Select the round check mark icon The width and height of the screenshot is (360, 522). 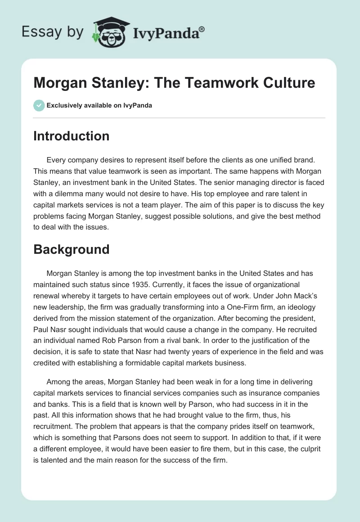click(39, 105)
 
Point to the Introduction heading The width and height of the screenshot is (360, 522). click(72, 136)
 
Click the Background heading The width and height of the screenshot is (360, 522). click(72, 249)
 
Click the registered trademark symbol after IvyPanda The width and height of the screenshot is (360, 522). click(202, 29)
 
